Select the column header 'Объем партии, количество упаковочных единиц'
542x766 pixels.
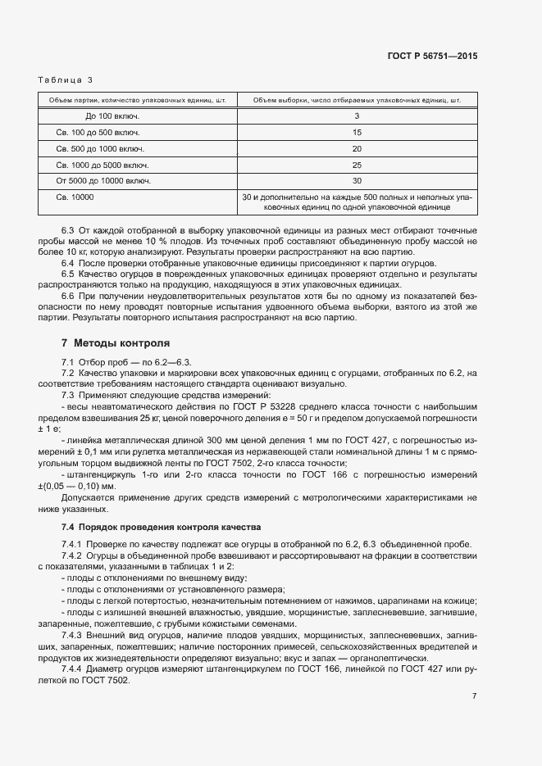(x=137, y=101)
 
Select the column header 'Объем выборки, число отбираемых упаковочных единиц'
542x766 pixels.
(x=357, y=101)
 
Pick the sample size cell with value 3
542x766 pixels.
(x=357, y=116)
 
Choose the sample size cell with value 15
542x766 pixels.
(x=357, y=132)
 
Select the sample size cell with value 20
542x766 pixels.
(x=357, y=148)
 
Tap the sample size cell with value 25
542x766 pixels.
(x=357, y=165)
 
